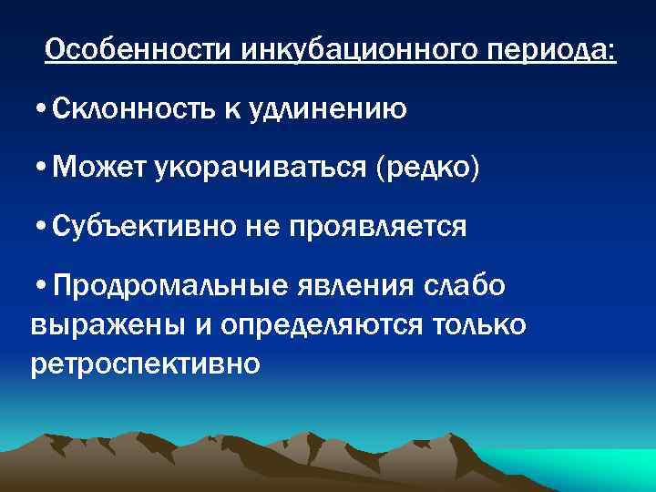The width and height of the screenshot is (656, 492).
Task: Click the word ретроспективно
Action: (146, 364)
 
